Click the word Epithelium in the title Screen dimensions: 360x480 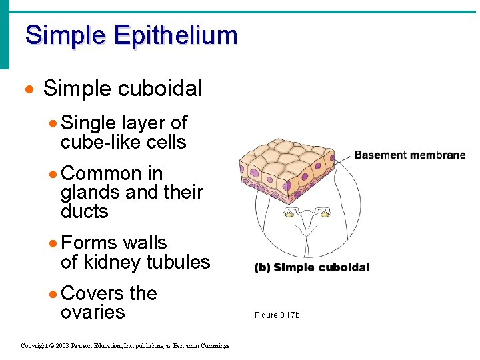pyautogui.click(x=175, y=36)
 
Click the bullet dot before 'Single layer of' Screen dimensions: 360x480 pyautogui.click(x=53, y=123)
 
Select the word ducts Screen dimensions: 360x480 pyautogui.click(x=84, y=212)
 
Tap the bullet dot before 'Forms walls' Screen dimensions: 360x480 pyautogui.click(x=53, y=243)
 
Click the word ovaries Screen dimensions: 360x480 pyautogui.click(x=93, y=313)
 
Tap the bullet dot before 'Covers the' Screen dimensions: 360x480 pyautogui.click(x=53, y=294)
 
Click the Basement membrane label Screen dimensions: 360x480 pyautogui.click(x=409, y=155)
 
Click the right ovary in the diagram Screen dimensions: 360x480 pyautogui.click(x=327, y=213)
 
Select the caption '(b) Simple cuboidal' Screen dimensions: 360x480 pyautogui.click(x=312, y=268)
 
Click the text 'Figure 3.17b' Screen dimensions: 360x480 pyautogui.click(x=277, y=315)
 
